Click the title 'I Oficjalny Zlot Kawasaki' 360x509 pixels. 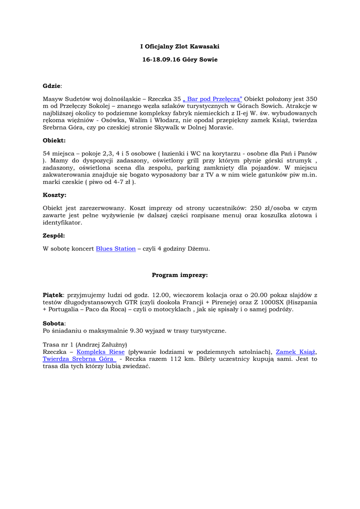pos(179,46)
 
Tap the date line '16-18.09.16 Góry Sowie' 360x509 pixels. pos(180,59)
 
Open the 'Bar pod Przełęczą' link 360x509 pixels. pos(212,99)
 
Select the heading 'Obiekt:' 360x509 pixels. pos(54,141)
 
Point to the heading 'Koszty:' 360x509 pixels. pos(54,195)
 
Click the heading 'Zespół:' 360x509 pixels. pos(54,236)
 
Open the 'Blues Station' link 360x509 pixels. pos(115,249)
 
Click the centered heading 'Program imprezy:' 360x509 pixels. pos(180,275)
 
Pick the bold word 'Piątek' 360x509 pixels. pos(53,295)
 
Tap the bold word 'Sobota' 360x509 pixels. pos(54,323)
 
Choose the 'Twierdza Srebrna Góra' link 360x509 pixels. pos(79,359)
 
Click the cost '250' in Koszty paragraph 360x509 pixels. pos(255,208)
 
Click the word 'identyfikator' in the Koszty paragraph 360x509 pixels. pos(62,223)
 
